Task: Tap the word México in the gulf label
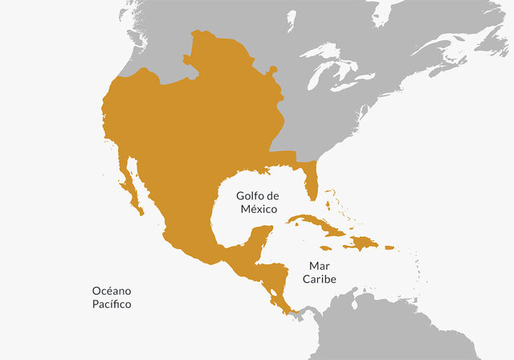[259, 209]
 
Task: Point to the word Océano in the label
[110, 291]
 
